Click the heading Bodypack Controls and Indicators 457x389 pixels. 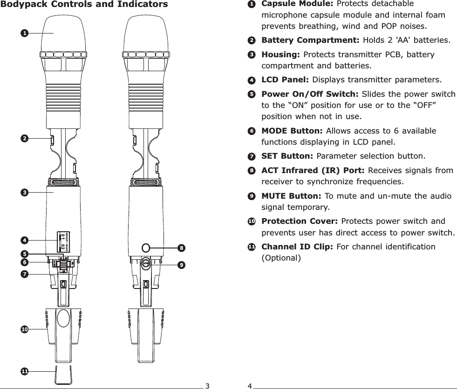coord(84,5)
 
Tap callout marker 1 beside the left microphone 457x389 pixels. coord(24,33)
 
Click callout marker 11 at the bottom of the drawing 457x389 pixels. coord(24,371)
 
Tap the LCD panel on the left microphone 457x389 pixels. coord(63,242)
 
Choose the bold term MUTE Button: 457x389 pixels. coord(291,196)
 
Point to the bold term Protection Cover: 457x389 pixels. coord(300,221)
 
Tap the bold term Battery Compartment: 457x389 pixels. coord(310,40)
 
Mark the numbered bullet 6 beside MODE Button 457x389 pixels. coord(251,131)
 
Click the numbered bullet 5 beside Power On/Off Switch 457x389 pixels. coord(251,94)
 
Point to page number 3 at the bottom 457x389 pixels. coord(208,385)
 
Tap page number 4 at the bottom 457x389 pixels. coord(250,385)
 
